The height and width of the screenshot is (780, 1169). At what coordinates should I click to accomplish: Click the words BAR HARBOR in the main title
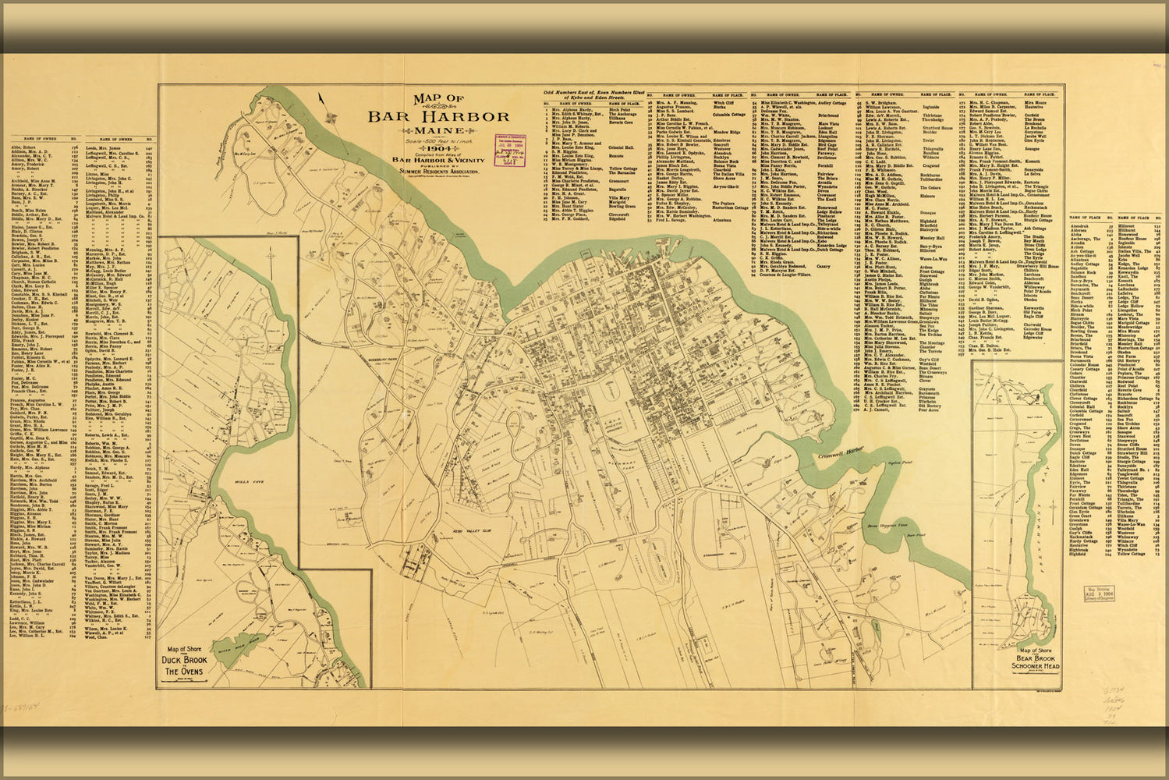(x=440, y=116)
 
